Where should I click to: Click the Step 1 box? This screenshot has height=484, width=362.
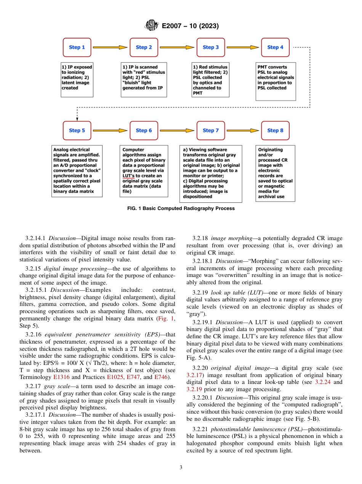[77, 48]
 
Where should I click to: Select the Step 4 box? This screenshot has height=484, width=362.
[275, 48]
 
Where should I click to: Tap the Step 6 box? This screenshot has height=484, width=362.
[144, 131]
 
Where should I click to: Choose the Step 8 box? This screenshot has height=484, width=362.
[275, 131]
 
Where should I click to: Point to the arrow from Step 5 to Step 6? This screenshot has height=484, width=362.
[110, 131]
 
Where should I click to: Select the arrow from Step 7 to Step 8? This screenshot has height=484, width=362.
[242, 131]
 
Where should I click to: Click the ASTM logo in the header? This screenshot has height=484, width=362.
[152, 26]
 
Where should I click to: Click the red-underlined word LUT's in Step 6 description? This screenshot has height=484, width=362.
[129, 176]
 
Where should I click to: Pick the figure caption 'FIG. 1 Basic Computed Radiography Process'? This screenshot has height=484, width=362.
[181, 209]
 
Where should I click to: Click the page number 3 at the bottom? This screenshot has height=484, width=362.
[181, 468]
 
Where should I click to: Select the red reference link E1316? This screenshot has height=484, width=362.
[61, 377]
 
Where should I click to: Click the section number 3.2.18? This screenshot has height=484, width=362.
[200, 238]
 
